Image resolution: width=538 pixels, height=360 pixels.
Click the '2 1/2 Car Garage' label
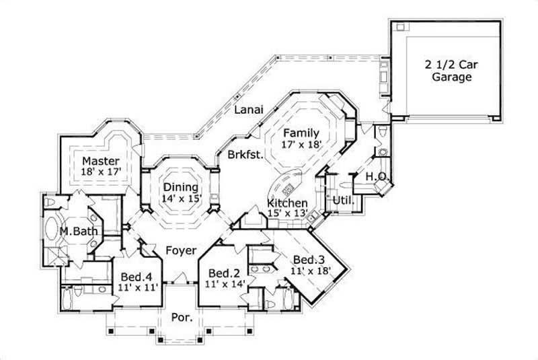(447, 71)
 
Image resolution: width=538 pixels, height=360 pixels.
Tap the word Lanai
(247, 110)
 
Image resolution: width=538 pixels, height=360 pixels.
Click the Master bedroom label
(101, 161)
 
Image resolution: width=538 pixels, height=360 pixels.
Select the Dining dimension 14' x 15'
(180, 199)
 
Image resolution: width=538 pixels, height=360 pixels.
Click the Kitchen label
(288, 203)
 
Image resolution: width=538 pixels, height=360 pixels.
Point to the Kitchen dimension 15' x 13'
(288, 213)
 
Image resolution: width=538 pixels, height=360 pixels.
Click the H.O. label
(375, 176)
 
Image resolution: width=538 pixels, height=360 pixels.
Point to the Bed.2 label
(221, 273)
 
